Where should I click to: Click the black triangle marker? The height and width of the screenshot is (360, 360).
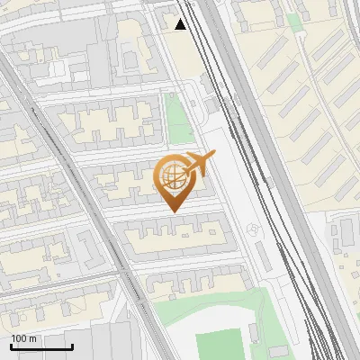(181, 24)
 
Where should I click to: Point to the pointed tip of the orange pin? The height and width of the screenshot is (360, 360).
(172, 211)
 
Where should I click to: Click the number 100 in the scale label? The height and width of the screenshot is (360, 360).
(19, 338)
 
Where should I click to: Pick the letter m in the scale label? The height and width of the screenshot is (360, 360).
(32, 338)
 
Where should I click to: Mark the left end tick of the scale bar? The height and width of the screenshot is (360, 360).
(11, 346)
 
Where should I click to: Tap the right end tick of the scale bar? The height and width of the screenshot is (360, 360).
(72, 346)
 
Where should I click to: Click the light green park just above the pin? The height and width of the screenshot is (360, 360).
(180, 121)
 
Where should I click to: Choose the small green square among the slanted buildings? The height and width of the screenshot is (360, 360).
(294, 20)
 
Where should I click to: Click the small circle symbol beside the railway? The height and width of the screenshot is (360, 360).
(256, 230)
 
